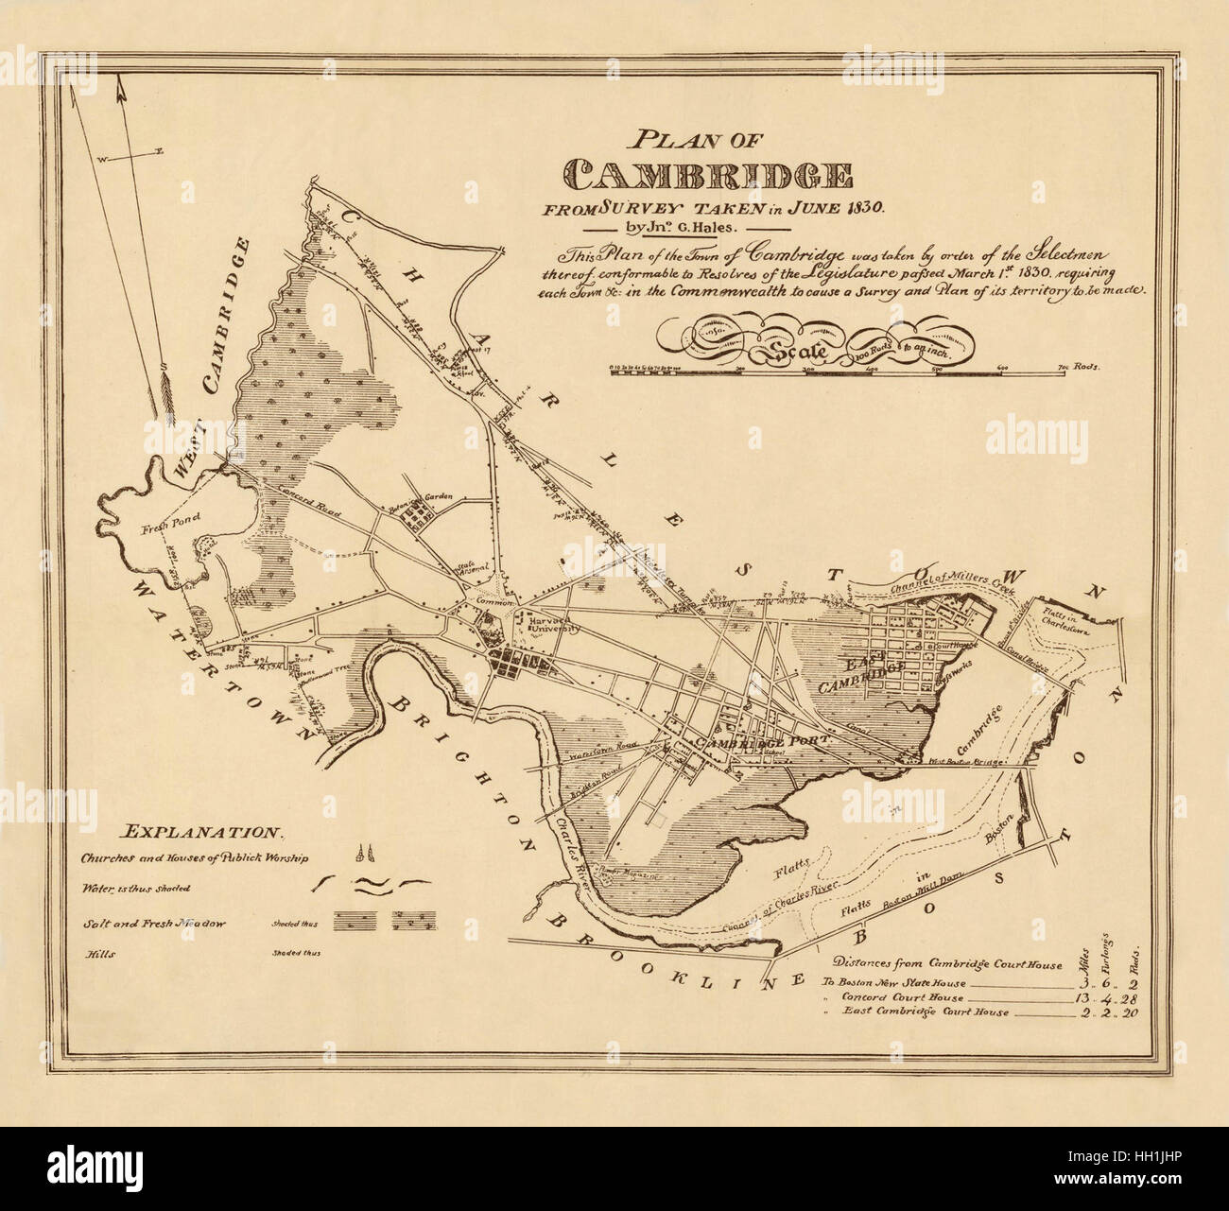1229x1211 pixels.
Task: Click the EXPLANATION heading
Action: [x=201, y=833]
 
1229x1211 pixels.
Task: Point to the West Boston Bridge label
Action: [x=963, y=761]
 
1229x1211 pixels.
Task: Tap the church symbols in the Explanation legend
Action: [x=359, y=856]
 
